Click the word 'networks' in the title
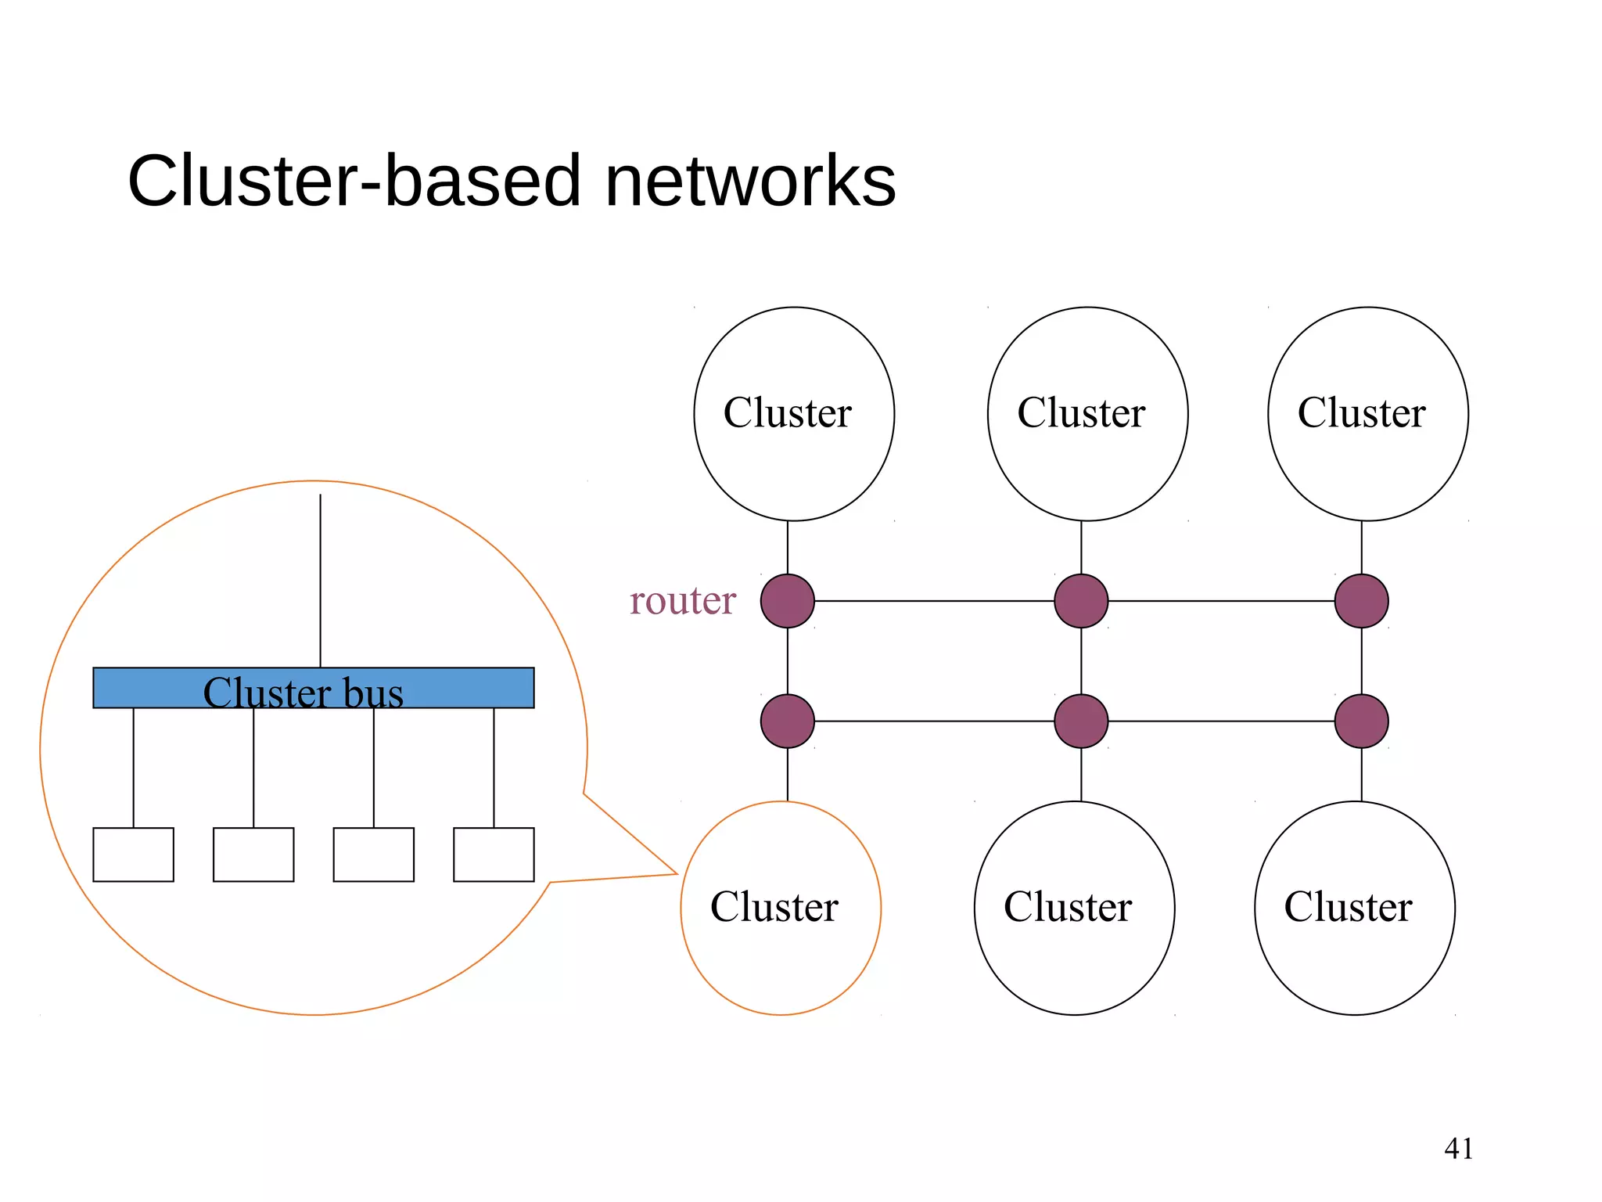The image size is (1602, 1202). pyautogui.click(x=749, y=181)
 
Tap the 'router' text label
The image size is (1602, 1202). pyautogui.click(x=682, y=601)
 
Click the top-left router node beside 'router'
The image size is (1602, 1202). pyautogui.click(x=787, y=601)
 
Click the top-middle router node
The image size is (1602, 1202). pyautogui.click(x=1081, y=601)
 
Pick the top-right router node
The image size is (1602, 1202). pyautogui.click(x=1361, y=601)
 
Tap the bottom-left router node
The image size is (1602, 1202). pyautogui.click(x=787, y=721)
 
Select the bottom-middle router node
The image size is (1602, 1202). pyautogui.click(x=1081, y=721)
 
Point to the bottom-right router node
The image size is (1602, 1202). pyautogui.click(x=1361, y=721)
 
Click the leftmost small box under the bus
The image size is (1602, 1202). pyautogui.click(x=133, y=855)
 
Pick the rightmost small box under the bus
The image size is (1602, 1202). pyautogui.click(x=494, y=855)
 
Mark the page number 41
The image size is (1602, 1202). pyautogui.click(x=1458, y=1149)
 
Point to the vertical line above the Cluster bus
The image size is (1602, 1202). pyautogui.click(x=320, y=579)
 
